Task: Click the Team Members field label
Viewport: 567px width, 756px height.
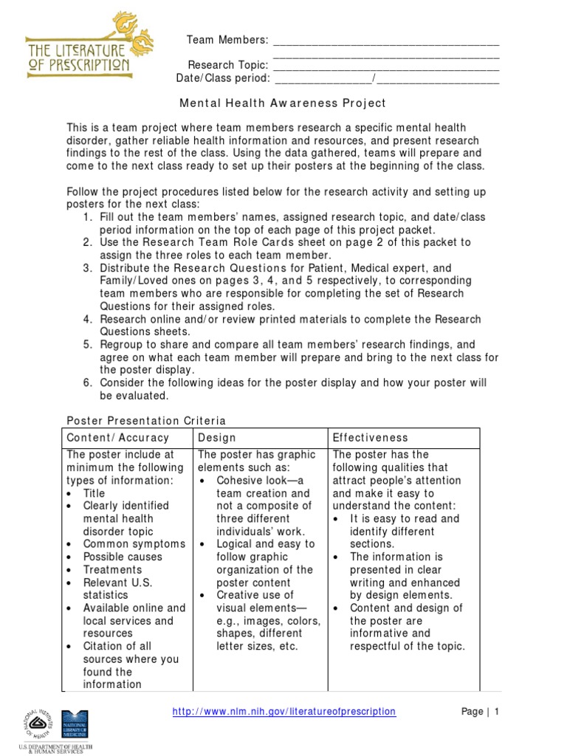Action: pyautogui.click(x=227, y=40)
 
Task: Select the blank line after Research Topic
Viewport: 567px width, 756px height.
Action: pyautogui.click(x=386, y=65)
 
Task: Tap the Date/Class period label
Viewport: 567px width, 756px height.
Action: pyautogui.click(x=223, y=78)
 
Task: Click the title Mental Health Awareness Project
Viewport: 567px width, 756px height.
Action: pyautogui.click(x=283, y=104)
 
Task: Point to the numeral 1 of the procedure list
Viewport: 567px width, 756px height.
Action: pyautogui.click(x=87, y=217)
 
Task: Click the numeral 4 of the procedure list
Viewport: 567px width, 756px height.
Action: pyautogui.click(x=87, y=319)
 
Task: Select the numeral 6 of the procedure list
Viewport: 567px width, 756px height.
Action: pyautogui.click(x=87, y=383)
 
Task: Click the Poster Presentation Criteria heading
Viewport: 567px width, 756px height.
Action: pyautogui.click(x=146, y=421)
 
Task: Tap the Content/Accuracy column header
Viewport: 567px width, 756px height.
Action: pyautogui.click(x=118, y=438)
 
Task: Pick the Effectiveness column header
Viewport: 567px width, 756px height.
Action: pyautogui.click(x=371, y=438)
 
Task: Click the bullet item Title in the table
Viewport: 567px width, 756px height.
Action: pyautogui.click(x=94, y=493)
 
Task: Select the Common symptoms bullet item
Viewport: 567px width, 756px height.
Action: pyautogui.click(x=134, y=544)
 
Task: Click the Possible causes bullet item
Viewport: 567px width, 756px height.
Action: pyautogui.click(x=123, y=557)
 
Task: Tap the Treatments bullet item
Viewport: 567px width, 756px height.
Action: pyautogui.click(x=112, y=570)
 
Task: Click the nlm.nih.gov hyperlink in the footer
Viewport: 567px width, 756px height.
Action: pyautogui.click(x=283, y=712)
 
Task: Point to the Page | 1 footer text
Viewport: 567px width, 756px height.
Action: pyautogui.click(x=481, y=712)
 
